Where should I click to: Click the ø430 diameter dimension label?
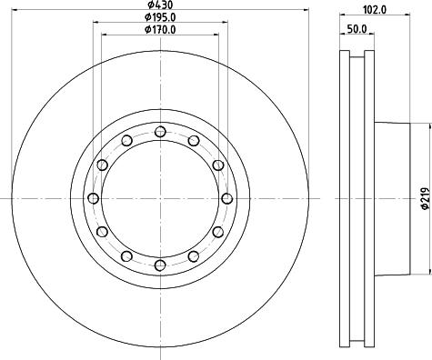(x=160, y=5)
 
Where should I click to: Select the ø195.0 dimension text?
(x=160, y=17)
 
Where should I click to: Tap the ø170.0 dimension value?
(x=160, y=30)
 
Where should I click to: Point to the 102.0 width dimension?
(x=375, y=10)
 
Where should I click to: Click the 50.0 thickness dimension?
(x=357, y=29)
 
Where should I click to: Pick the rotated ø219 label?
(x=426, y=198)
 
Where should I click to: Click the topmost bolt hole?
(x=160, y=132)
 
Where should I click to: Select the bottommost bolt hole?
(x=160, y=265)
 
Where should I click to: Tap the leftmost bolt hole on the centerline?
(x=94, y=198)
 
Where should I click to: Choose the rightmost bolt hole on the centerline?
(x=226, y=198)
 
